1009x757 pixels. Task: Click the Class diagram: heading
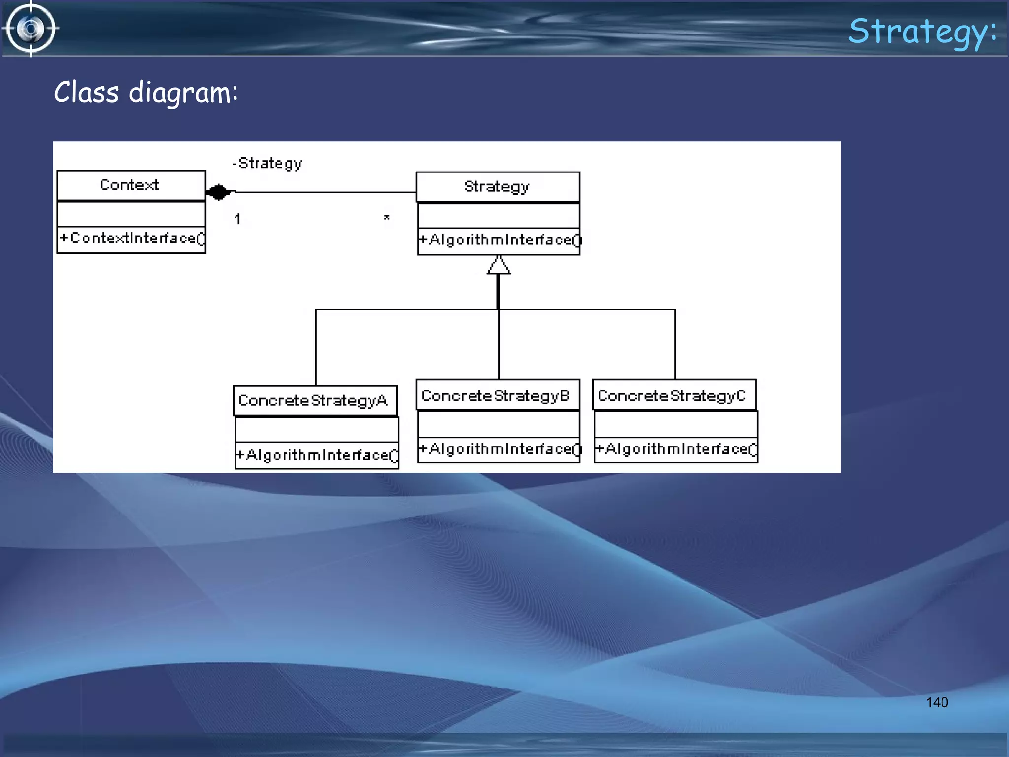(x=146, y=93)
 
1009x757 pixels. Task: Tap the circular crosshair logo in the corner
(x=31, y=29)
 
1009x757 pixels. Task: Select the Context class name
(x=130, y=185)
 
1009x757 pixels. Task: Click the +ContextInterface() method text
(x=132, y=239)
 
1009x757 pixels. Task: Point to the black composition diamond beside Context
(x=218, y=192)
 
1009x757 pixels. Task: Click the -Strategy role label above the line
(x=268, y=163)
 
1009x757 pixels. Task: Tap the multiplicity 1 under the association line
(x=237, y=219)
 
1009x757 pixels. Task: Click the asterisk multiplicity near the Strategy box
(x=387, y=217)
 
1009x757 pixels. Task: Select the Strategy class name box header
(x=497, y=187)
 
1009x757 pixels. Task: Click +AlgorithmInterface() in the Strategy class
(x=500, y=241)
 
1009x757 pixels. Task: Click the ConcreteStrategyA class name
(x=313, y=401)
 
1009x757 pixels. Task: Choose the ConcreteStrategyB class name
(x=496, y=396)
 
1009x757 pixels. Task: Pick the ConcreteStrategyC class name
(x=672, y=396)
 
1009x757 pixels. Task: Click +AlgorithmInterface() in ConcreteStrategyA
(x=317, y=455)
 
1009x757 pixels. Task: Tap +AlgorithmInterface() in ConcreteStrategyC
(x=676, y=449)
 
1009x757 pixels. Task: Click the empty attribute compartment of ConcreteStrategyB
(x=498, y=424)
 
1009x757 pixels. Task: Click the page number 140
(x=937, y=702)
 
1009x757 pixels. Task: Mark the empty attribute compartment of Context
(x=131, y=214)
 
